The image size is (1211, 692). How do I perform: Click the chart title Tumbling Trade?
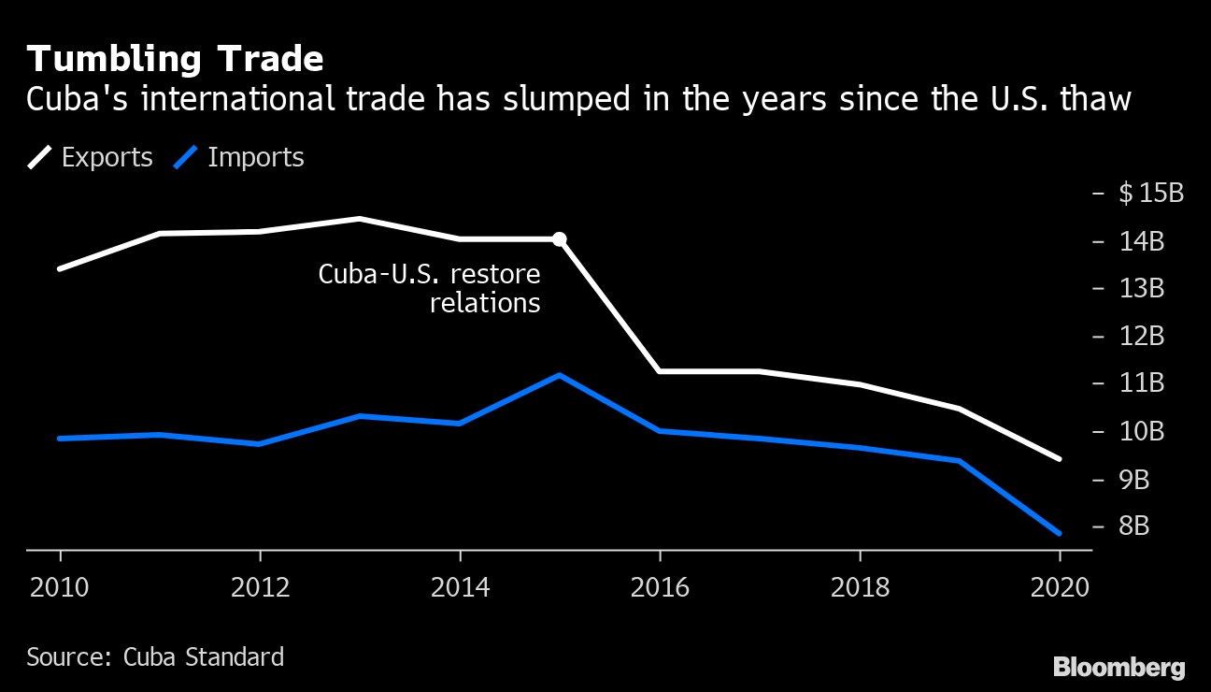(x=175, y=60)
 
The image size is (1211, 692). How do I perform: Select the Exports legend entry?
(x=91, y=157)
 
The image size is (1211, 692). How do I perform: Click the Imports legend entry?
(x=239, y=157)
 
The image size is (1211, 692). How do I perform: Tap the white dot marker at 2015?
(x=559, y=239)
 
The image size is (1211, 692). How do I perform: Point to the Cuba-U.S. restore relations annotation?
(x=430, y=288)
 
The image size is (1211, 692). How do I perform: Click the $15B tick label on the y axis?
(x=1150, y=194)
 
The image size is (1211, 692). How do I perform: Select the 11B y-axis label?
(x=1141, y=383)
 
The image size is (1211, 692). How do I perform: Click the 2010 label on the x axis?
(x=60, y=587)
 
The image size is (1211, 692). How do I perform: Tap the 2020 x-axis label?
(x=1060, y=587)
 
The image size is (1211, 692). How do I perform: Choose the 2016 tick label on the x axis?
(x=660, y=587)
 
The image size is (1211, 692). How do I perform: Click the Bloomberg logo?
(x=1118, y=668)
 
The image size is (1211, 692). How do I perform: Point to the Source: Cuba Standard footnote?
(x=155, y=656)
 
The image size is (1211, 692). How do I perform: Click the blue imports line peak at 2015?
(x=559, y=375)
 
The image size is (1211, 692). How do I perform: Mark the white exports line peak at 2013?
(x=360, y=219)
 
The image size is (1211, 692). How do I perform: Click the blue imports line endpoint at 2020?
(x=1059, y=533)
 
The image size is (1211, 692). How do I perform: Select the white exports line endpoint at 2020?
(x=1059, y=458)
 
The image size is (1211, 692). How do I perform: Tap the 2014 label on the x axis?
(x=460, y=587)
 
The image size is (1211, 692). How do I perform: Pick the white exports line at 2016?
(x=660, y=371)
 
